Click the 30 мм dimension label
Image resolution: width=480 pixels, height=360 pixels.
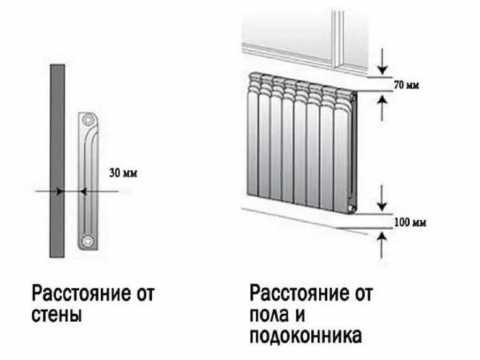tap(123, 173)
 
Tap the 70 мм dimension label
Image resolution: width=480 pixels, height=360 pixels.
tap(406, 86)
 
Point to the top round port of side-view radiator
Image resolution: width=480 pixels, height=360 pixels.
tap(87, 120)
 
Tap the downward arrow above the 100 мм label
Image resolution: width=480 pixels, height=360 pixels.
tap(383, 199)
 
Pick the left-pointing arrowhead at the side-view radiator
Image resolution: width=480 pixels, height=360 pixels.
tap(83, 191)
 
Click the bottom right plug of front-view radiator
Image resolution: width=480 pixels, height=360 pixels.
tap(351, 207)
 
